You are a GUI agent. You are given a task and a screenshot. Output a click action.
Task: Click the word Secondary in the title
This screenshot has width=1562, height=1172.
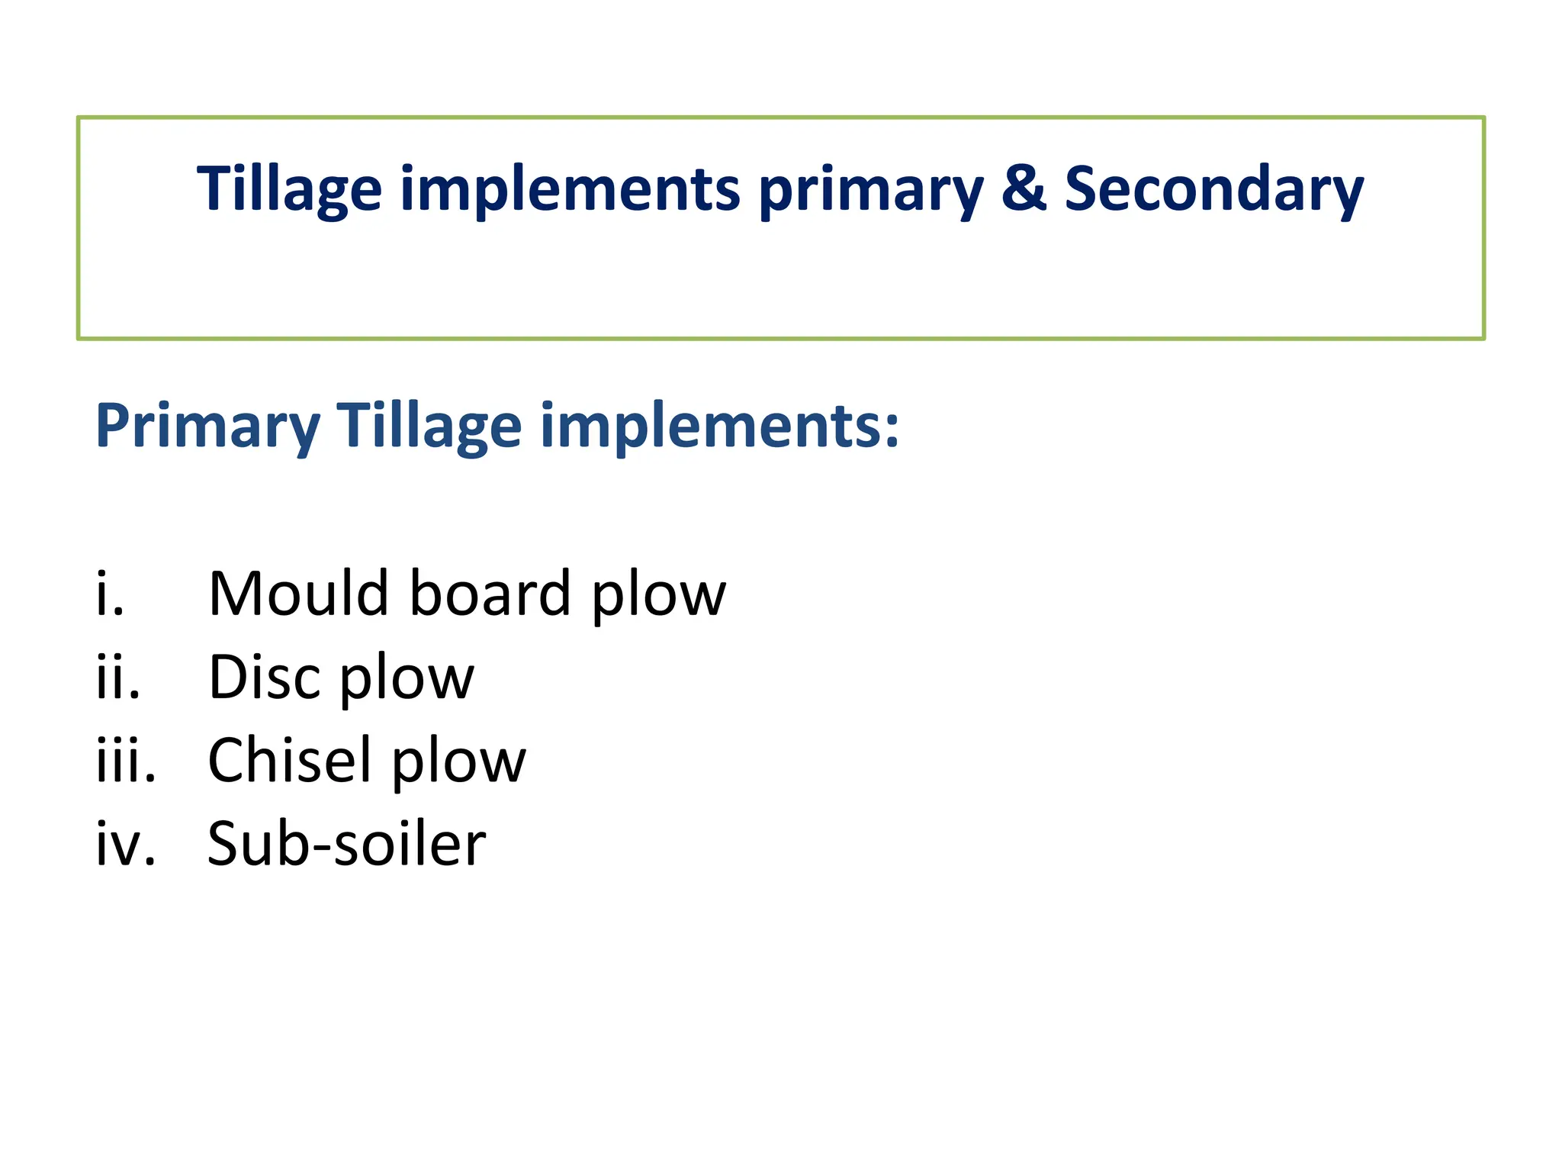(x=1213, y=189)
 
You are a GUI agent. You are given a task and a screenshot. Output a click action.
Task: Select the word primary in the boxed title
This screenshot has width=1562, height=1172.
(x=871, y=191)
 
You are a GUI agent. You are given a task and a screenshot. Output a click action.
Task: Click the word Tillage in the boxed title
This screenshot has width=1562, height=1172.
(x=289, y=189)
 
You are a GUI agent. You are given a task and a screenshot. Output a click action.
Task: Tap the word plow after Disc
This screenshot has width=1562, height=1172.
(x=407, y=679)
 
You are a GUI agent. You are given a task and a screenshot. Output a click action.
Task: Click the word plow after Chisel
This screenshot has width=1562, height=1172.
(x=458, y=762)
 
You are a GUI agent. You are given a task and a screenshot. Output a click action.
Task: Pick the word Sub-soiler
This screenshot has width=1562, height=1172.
(x=346, y=844)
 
